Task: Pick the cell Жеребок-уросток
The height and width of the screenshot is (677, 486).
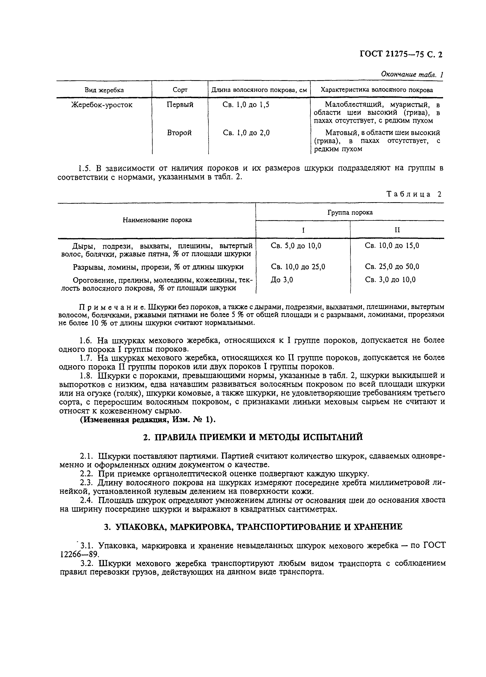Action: [102, 105]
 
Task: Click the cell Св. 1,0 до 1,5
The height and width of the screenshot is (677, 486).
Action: [246, 105]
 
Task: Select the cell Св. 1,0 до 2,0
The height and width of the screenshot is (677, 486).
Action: [246, 133]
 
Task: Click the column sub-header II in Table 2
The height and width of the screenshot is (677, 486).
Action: [397, 230]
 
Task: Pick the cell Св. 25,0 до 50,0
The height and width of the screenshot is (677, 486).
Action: [392, 266]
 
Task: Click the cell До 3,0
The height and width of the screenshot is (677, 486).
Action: [282, 280]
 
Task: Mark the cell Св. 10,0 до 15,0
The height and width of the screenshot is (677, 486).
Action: [392, 246]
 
